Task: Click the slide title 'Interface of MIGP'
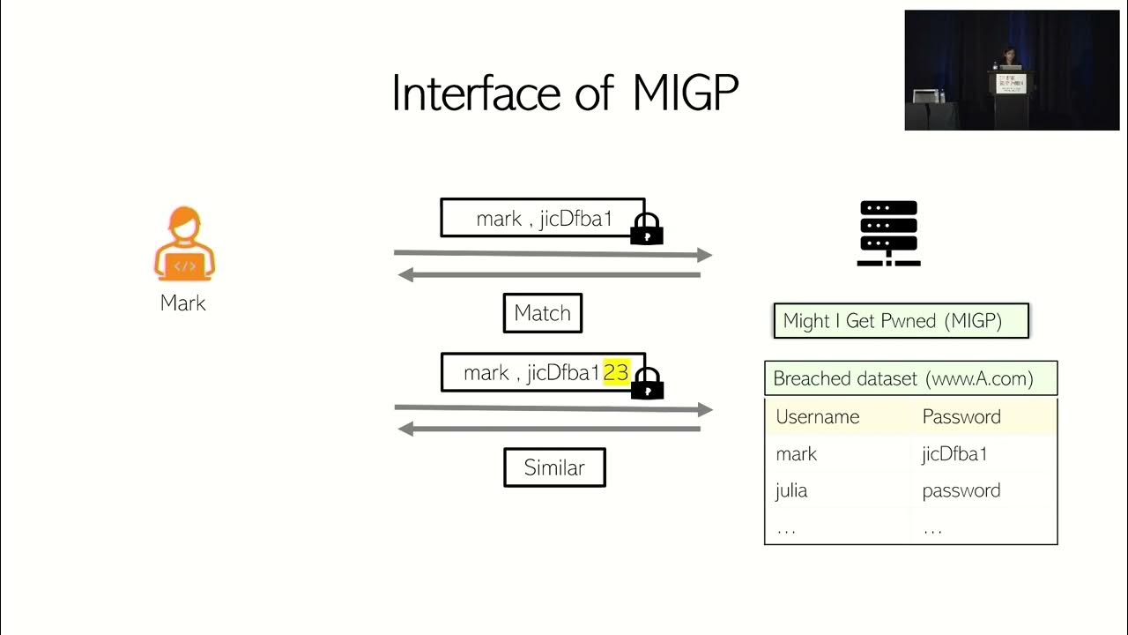(x=564, y=93)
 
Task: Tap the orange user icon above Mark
(x=184, y=244)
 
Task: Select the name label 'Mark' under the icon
(x=183, y=303)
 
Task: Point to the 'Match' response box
(x=542, y=313)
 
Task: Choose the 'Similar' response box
(x=554, y=467)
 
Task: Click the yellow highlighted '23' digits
(x=616, y=373)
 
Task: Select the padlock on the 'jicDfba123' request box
(x=647, y=384)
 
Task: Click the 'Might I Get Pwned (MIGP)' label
(x=901, y=321)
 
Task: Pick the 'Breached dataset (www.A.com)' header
(x=910, y=378)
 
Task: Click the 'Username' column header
(x=817, y=417)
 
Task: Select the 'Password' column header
(x=961, y=417)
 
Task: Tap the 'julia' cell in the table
(x=791, y=491)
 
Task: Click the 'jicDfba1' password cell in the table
(x=954, y=454)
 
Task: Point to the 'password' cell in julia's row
(x=961, y=491)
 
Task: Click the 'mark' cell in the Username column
(x=796, y=454)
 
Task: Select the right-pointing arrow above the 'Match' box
(x=553, y=254)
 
